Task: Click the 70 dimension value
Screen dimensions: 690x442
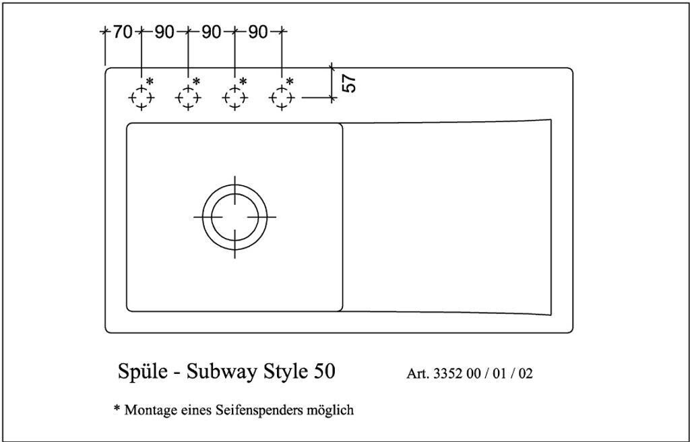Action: [123, 32]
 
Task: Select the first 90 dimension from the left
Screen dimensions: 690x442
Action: [164, 32]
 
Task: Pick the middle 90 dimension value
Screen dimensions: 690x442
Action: [211, 32]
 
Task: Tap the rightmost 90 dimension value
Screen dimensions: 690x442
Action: [258, 32]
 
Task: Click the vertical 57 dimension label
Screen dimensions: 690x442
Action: [349, 83]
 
